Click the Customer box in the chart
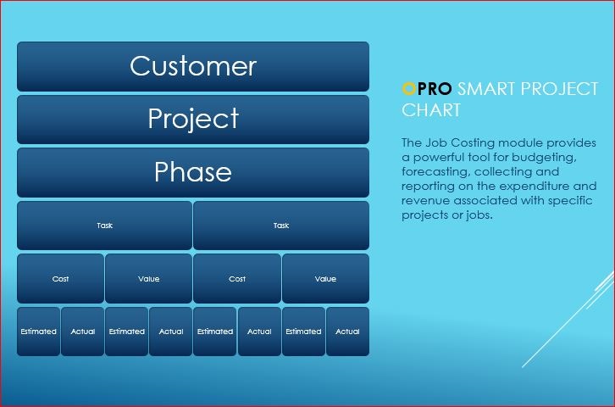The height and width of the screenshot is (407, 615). [193, 66]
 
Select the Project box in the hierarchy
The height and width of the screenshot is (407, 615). [193, 120]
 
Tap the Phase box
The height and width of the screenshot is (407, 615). [193, 172]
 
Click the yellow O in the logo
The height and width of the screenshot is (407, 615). [408, 89]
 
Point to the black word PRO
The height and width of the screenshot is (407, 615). [435, 89]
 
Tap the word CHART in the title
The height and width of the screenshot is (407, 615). [431, 110]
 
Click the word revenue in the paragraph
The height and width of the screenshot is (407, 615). [426, 201]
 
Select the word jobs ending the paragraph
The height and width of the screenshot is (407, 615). [479, 215]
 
